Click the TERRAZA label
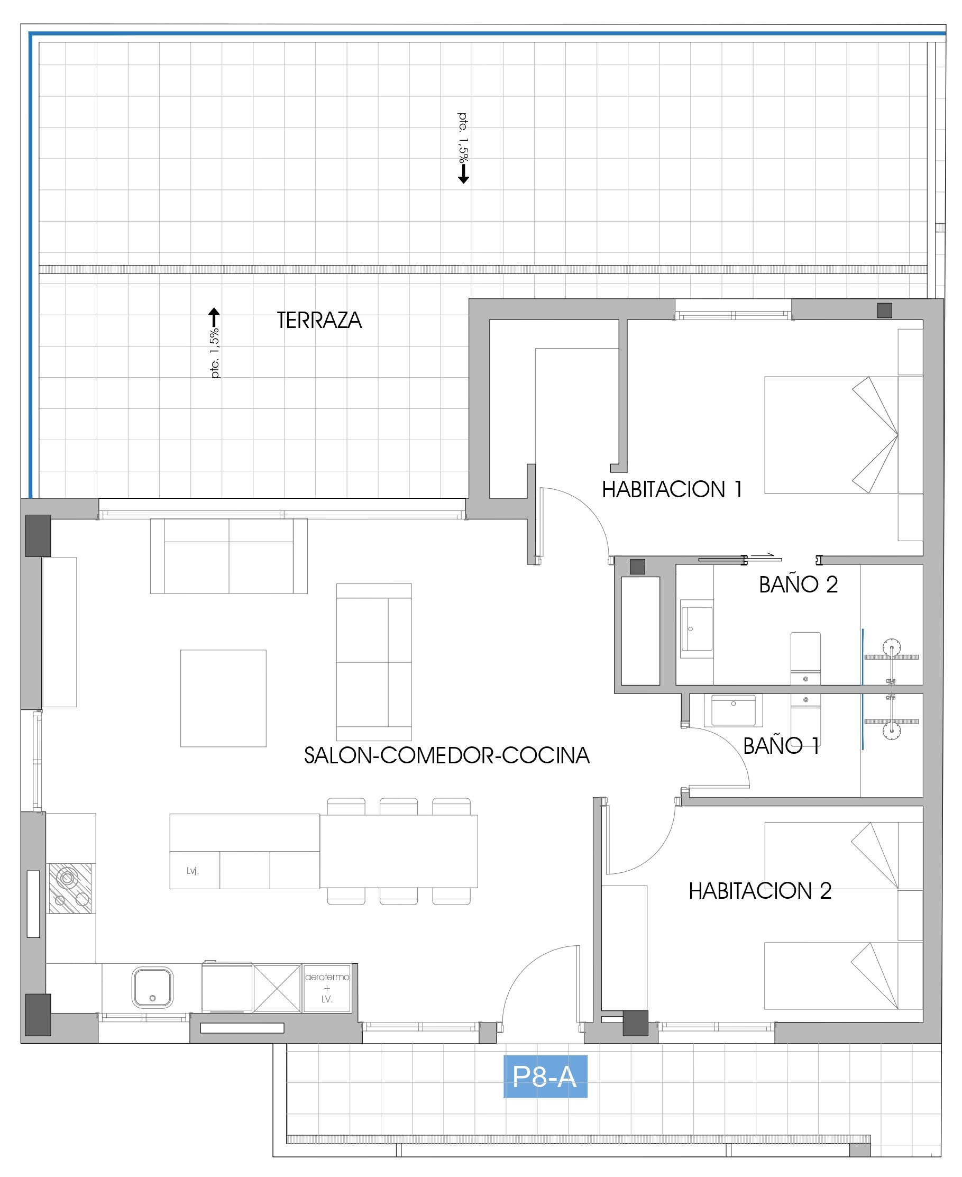click(319, 320)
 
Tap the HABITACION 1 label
click(672, 489)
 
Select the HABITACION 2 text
click(760, 890)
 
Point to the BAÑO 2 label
click(798, 585)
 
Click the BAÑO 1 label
click(781, 746)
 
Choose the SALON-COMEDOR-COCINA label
click(447, 755)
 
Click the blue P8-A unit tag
click(545, 1077)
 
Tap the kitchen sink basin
click(152, 988)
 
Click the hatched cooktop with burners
click(70, 888)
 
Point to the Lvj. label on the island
click(193, 871)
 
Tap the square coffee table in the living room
click(223, 698)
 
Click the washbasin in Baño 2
click(697, 628)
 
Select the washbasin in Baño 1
click(733, 710)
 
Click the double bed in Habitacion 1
click(831, 435)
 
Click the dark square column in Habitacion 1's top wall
click(884, 311)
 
